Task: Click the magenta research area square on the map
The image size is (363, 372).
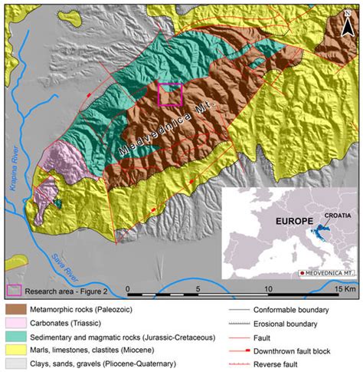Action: [x=169, y=95]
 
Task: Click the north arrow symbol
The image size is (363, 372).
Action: [x=352, y=11]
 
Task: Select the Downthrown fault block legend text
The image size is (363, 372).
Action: [x=299, y=350]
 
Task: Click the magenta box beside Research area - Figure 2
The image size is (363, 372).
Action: [x=14, y=290]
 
